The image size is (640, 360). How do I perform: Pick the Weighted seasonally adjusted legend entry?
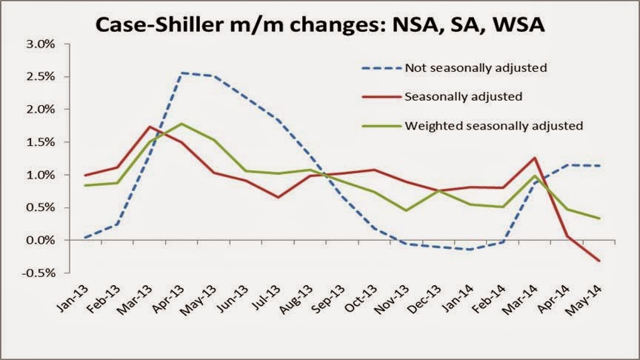pyautogui.click(x=494, y=124)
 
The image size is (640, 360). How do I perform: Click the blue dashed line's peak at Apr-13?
pyautogui.click(x=181, y=73)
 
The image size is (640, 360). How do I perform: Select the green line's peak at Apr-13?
pyautogui.click(x=181, y=124)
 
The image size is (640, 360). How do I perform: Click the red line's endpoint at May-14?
pyautogui.click(x=599, y=261)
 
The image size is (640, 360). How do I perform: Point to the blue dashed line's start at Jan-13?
pyautogui.click(x=86, y=237)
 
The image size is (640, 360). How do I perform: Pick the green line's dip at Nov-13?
pyautogui.click(x=406, y=210)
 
